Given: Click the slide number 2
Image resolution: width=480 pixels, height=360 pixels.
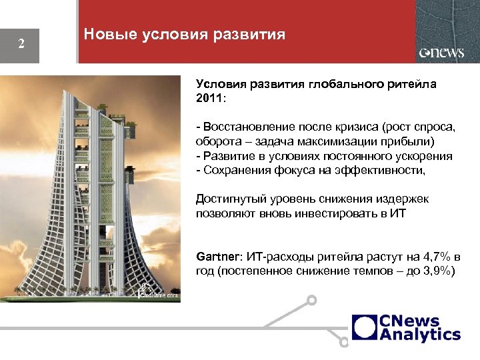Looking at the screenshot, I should pos(21,45).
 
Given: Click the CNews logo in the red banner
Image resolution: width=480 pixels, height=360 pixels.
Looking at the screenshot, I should pos(441,53).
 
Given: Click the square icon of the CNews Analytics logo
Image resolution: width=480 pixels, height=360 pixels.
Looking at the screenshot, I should pos(364,327).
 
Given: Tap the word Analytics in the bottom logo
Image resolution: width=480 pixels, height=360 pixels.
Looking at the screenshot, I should pos(420,335).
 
